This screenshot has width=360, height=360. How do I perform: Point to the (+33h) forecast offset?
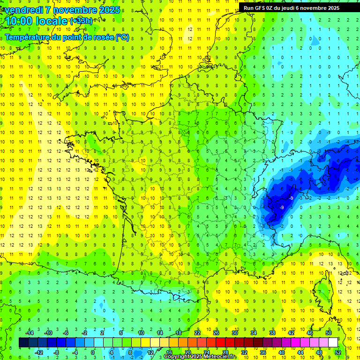[x=81, y=21]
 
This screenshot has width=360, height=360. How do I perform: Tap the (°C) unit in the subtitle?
[x=122, y=37]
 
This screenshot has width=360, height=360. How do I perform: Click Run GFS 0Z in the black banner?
[x=259, y=8]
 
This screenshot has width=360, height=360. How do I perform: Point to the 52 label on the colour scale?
[x=338, y=352]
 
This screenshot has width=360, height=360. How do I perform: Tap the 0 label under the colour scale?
[x=93, y=352]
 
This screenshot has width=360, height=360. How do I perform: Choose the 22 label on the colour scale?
[x=197, y=333]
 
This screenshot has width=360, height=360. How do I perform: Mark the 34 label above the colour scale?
[x=253, y=333]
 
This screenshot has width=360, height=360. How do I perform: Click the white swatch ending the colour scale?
[x=333, y=343]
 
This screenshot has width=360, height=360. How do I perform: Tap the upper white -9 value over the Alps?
[x=291, y=198]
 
